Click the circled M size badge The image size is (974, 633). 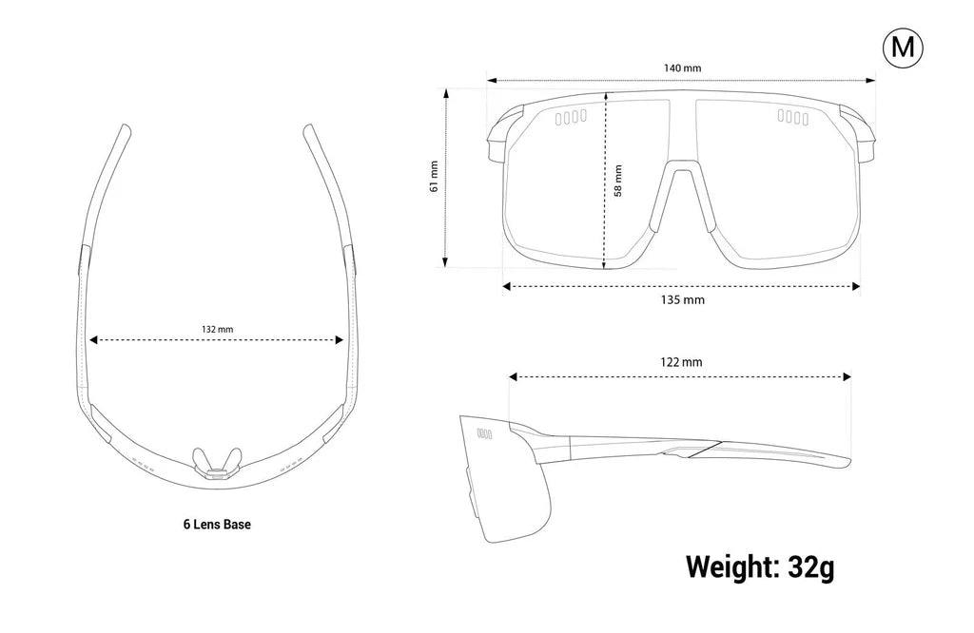coord(903,48)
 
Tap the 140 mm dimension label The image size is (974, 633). coord(682,67)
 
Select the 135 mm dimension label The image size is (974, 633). coord(682,300)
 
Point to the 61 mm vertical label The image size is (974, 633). coord(434,177)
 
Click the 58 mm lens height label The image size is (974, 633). coord(617,181)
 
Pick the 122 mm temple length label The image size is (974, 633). coord(681,362)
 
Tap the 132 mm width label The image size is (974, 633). coord(218,329)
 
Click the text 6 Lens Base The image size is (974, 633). coord(217,525)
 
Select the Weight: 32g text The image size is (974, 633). coord(760,566)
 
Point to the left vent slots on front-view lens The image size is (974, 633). coord(571,117)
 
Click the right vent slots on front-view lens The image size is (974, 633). coord(793,117)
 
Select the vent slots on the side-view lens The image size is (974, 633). coord(484,433)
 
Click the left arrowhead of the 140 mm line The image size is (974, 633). coord(491,80)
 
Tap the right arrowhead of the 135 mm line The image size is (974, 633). coord(856,286)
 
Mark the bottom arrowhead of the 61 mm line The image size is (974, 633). coord(445,262)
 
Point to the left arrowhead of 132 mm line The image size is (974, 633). coord(94,339)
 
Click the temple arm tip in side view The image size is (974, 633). coord(847,462)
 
